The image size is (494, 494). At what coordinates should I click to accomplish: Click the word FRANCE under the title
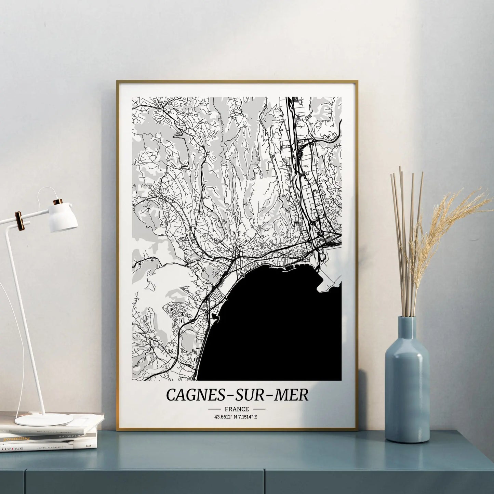point(237,409)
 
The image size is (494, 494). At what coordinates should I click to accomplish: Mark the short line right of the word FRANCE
point(258,409)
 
